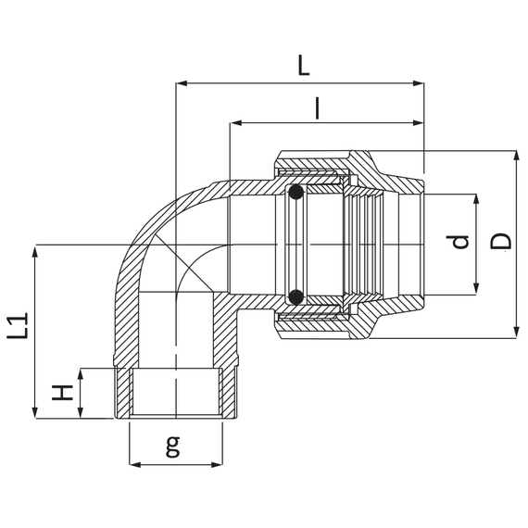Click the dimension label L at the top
(304, 66)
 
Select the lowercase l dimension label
(317, 108)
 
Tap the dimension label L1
(18, 326)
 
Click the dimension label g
(173, 446)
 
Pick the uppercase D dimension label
(501, 241)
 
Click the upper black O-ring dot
(295, 193)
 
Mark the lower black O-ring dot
(295, 296)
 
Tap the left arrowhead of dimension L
(182, 83)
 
